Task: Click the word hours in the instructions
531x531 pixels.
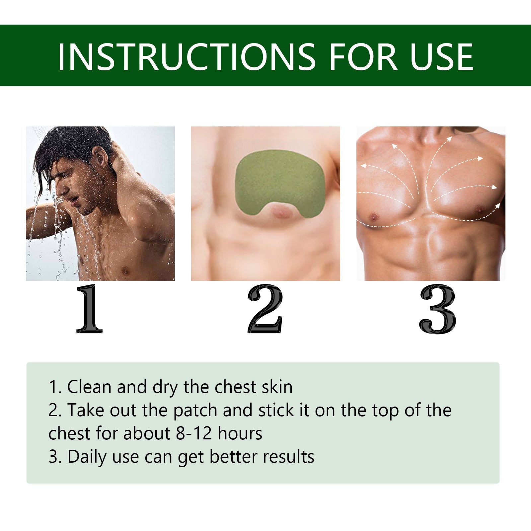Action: pyautogui.click(x=240, y=433)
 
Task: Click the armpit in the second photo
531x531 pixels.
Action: pyautogui.click(x=332, y=163)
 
